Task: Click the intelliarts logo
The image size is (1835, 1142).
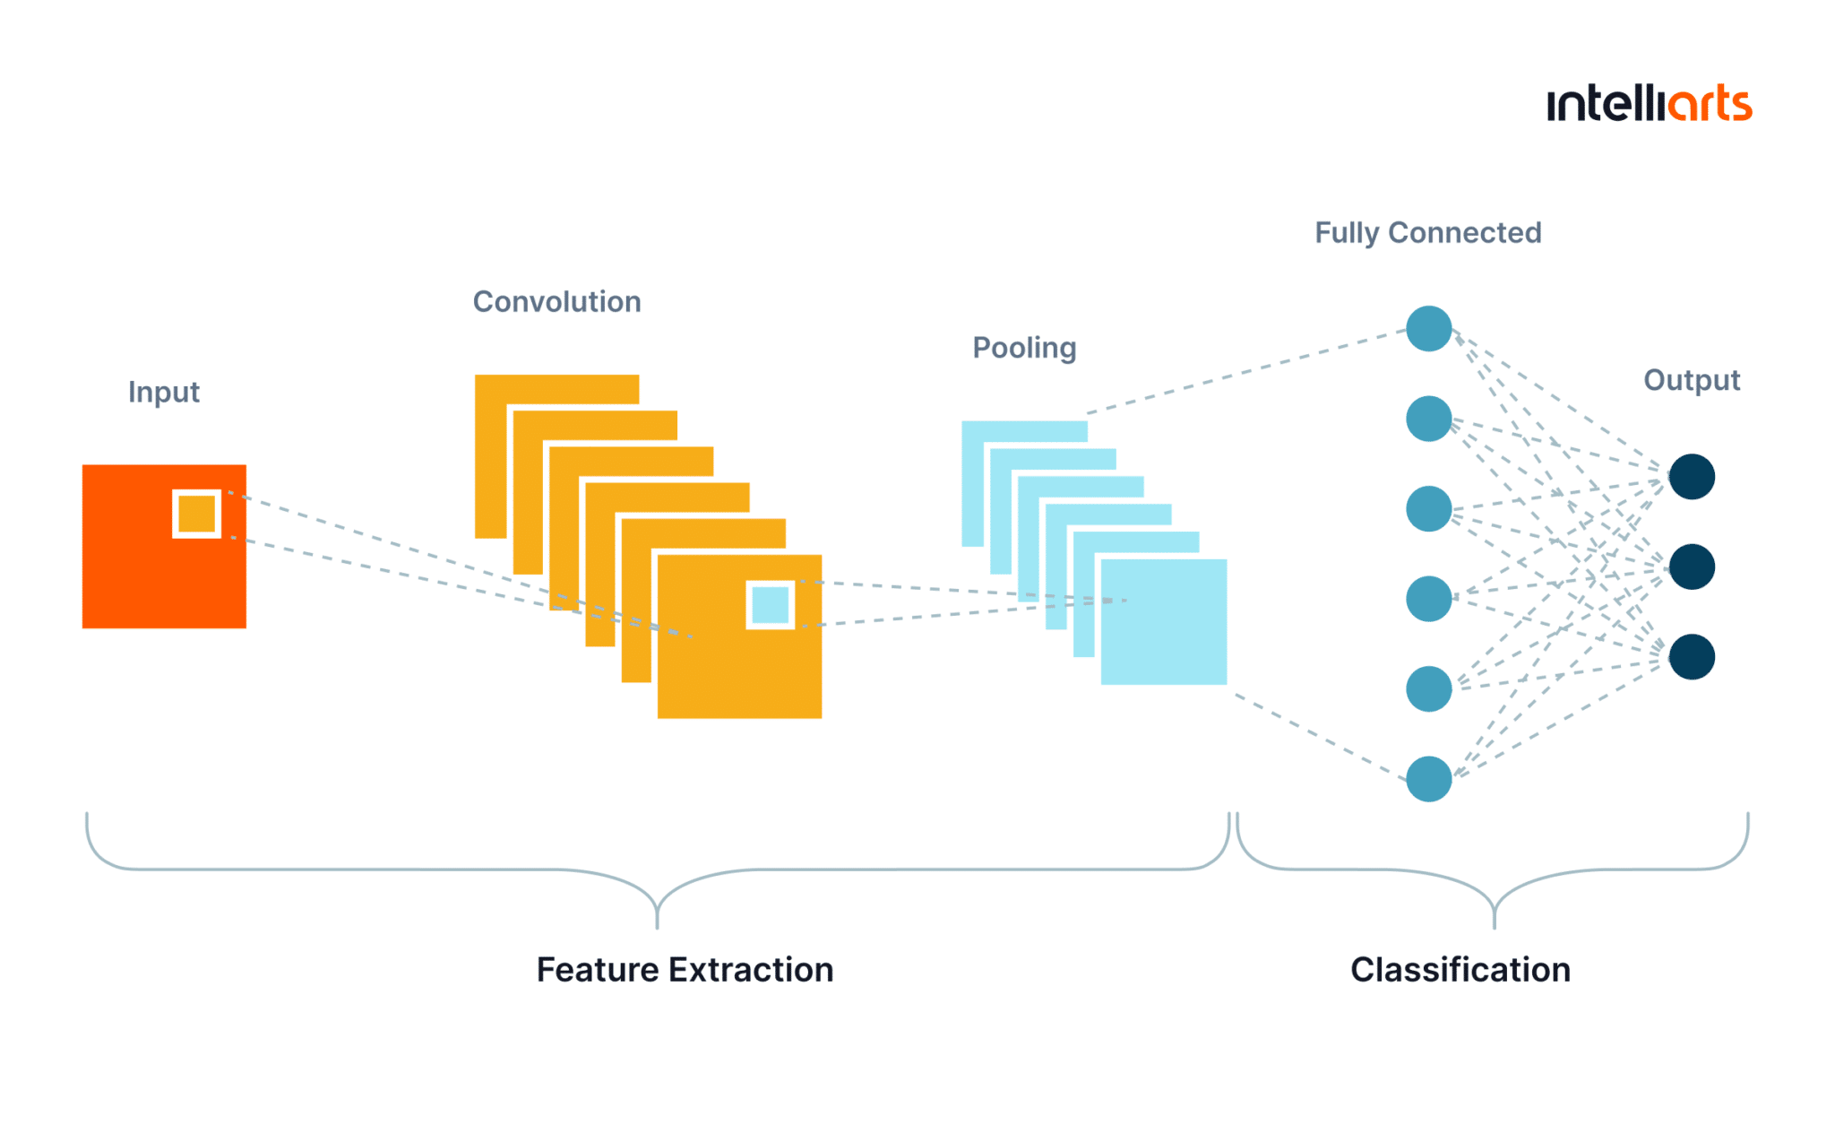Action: click(x=1649, y=104)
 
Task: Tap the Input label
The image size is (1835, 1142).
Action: click(x=164, y=393)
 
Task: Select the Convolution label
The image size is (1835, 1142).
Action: click(x=557, y=302)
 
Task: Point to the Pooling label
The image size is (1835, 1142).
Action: click(x=1024, y=348)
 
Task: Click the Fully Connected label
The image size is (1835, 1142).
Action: click(x=1428, y=233)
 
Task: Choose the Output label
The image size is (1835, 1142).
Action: click(x=1692, y=380)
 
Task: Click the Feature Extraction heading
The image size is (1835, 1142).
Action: click(x=685, y=970)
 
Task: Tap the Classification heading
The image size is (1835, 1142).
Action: click(x=1460, y=970)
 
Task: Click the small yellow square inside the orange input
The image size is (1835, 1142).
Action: click(x=197, y=514)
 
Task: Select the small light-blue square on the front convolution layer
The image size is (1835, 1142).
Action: click(x=771, y=605)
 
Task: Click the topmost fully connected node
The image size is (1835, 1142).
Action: click(x=1429, y=329)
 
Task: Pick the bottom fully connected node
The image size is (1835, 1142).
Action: click(x=1429, y=779)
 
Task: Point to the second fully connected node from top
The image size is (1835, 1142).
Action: click(x=1429, y=419)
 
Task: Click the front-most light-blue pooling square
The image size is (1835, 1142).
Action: click(x=1164, y=622)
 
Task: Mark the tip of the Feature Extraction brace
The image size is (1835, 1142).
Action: click(x=658, y=928)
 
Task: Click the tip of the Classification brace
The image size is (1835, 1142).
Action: click(x=1495, y=928)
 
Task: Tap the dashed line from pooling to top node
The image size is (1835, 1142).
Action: click(x=1246, y=372)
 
